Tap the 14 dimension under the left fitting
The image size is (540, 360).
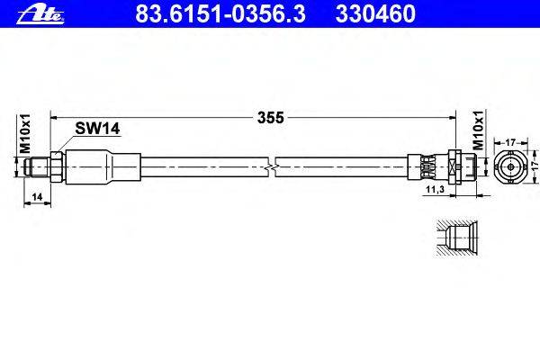[x=34, y=196]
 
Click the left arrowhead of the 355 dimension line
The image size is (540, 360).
[x=53, y=117]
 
